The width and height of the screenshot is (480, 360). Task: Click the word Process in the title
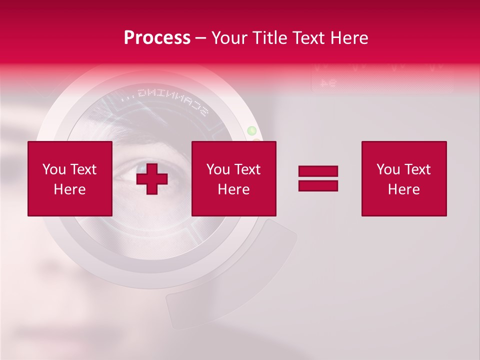click(157, 38)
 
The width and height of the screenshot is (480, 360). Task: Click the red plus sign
click(152, 178)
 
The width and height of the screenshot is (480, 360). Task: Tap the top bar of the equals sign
click(318, 171)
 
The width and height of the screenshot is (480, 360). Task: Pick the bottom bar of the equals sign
click(318, 185)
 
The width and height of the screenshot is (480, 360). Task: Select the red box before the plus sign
click(69, 178)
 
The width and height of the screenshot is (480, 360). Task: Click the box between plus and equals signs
click(233, 178)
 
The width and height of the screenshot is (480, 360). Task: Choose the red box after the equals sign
click(403, 178)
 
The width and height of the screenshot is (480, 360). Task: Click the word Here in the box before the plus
click(69, 189)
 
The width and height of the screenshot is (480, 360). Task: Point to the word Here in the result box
click(403, 189)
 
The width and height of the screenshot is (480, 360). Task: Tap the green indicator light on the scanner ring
click(252, 131)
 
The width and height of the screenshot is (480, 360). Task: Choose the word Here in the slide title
click(348, 38)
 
